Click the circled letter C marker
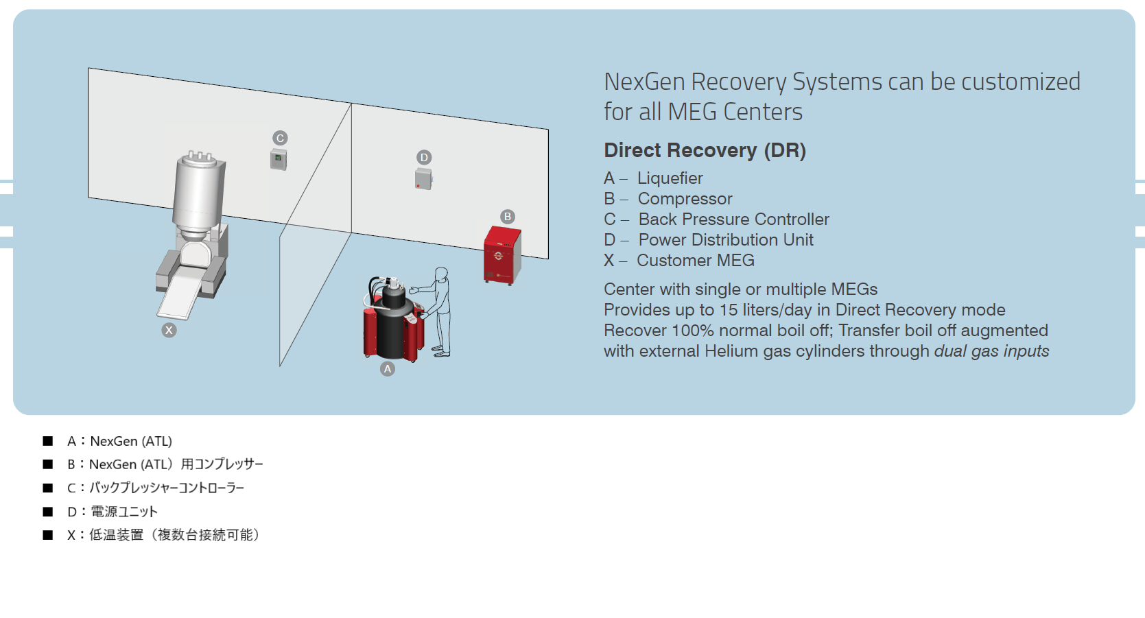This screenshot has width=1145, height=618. [280, 138]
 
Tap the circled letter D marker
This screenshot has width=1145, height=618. [424, 157]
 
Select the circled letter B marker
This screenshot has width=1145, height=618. [508, 217]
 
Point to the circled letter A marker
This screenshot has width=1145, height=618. [388, 369]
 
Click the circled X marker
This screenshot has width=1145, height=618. [169, 330]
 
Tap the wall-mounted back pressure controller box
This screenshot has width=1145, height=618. [278, 160]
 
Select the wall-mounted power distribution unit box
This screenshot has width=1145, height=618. [423, 179]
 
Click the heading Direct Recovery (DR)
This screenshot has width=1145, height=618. [705, 150]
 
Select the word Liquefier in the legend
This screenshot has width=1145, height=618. [670, 178]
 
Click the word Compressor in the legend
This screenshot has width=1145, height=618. [685, 199]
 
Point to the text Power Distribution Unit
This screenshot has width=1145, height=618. [725, 240]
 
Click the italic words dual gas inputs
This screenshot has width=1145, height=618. [991, 351]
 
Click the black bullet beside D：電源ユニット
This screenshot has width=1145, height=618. [48, 512]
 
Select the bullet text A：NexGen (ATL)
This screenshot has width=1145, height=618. [119, 441]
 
